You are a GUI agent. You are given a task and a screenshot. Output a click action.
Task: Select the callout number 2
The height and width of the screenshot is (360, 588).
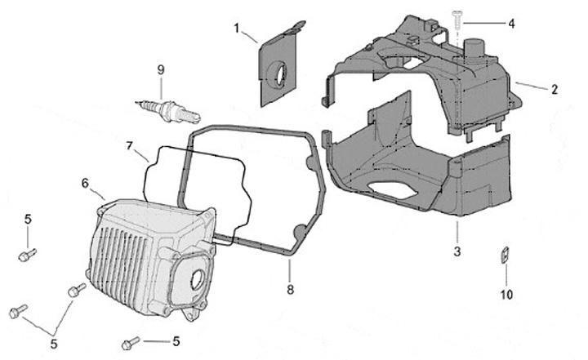pyautogui.click(x=555, y=90)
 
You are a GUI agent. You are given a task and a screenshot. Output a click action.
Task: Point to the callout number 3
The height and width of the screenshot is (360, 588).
pyautogui.click(x=457, y=251)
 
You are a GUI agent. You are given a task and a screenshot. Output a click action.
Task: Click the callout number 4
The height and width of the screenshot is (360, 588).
pyautogui.click(x=511, y=24)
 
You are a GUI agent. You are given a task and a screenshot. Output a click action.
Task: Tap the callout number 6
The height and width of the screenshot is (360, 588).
pyautogui.click(x=85, y=184)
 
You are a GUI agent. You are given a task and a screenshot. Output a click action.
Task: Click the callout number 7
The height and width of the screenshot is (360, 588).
pyautogui.click(x=129, y=145)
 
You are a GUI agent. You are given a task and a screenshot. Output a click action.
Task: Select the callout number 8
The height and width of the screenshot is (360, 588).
pyautogui.click(x=290, y=288)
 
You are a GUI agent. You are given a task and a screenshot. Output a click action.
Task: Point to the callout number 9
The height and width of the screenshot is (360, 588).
pyautogui.click(x=161, y=69)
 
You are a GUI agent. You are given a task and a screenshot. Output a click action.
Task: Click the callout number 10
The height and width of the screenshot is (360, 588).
pyautogui.click(x=506, y=294)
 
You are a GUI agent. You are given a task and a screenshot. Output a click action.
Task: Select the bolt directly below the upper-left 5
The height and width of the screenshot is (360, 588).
pyautogui.click(x=25, y=255)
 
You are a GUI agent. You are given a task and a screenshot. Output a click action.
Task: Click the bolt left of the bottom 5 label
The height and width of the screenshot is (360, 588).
pyautogui.click(x=131, y=341)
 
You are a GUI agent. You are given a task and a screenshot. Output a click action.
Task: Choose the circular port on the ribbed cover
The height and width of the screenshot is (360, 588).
pyautogui.click(x=197, y=282)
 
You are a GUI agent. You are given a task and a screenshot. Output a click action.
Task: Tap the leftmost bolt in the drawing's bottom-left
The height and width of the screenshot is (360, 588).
pyautogui.click(x=18, y=310)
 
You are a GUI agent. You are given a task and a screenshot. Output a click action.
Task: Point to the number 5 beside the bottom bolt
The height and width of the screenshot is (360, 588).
pyautogui.click(x=176, y=340)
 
